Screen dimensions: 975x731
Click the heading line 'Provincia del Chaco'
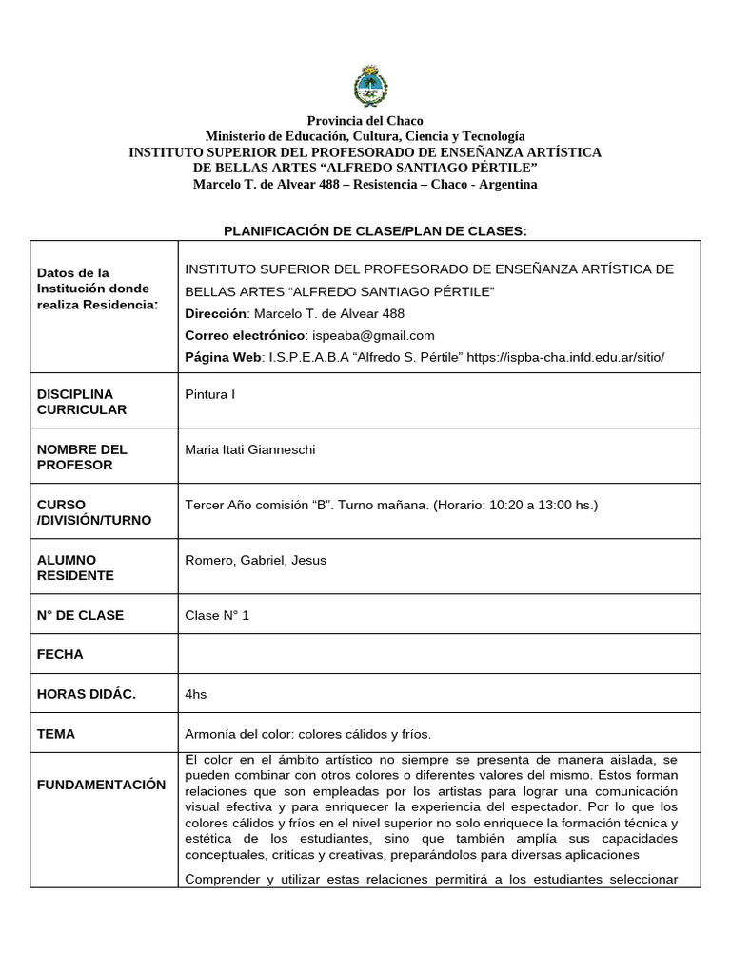coord(365,121)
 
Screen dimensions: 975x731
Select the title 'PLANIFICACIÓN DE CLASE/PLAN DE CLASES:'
coord(374,230)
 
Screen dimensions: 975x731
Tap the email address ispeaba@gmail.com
coord(373,335)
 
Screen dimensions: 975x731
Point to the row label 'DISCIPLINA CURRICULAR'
coord(82,402)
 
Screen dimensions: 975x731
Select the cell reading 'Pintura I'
coord(209,394)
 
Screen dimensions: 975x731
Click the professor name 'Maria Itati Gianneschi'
coord(249,449)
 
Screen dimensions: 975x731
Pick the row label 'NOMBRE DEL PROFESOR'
coord(82,457)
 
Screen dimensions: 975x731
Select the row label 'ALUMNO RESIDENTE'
coord(75,567)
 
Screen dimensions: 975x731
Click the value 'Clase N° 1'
coord(217,615)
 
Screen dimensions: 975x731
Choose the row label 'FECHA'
coord(60,654)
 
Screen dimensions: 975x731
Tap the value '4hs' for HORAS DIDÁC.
coord(195,694)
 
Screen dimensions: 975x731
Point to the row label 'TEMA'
coord(56,734)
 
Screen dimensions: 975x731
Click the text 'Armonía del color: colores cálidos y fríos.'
coord(307,734)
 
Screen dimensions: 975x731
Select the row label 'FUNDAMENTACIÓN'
coord(101,785)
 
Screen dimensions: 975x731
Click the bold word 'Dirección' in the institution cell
coord(215,313)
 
